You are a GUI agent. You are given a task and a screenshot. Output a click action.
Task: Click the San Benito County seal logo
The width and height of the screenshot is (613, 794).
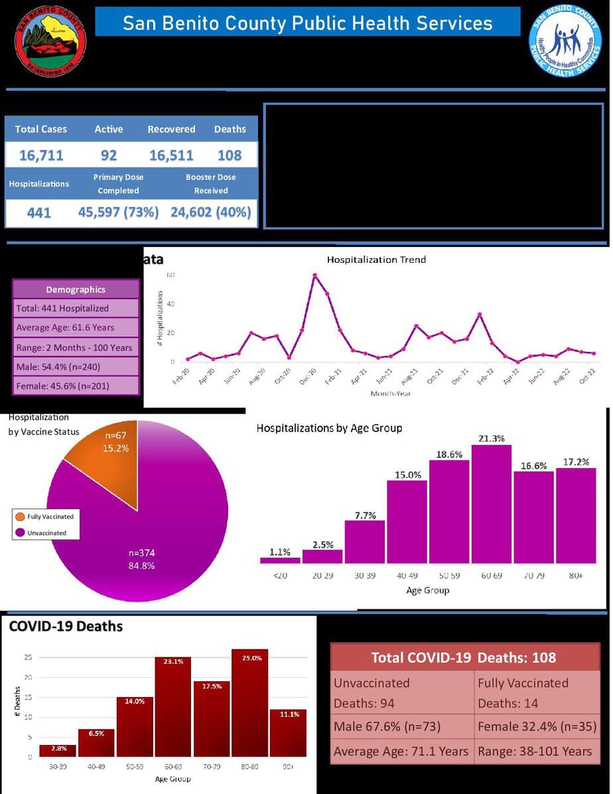click(x=50, y=42)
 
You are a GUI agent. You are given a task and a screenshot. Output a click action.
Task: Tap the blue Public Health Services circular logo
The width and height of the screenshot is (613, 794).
click(x=565, y=41)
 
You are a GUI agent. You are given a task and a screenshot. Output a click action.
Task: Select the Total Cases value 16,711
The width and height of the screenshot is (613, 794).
click(x=41, y=155)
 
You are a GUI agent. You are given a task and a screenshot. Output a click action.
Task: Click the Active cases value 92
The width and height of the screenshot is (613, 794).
click(x=109, y=155)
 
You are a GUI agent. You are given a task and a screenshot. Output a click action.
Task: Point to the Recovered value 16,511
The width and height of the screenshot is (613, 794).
click(x=171, y=155)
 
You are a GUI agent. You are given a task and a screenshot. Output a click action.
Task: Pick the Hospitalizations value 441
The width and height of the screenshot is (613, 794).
click(x=38, y=212)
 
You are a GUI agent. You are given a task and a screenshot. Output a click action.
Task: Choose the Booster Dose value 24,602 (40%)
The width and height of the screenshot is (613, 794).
click(x=211, y=212)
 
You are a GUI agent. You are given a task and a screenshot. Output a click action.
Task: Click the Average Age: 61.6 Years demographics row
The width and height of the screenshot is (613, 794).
click(x=76, y=327)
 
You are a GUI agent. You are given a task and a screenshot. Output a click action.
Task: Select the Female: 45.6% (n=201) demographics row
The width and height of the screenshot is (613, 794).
click(x=76, y=386)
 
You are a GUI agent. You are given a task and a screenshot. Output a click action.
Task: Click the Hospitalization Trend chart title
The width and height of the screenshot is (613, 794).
click(x=376, y=260)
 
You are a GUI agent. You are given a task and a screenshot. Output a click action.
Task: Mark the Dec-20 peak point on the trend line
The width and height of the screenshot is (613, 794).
click(x=314, y=275)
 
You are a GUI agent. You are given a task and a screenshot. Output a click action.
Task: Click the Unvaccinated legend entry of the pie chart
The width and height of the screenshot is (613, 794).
click(x=46, y=533)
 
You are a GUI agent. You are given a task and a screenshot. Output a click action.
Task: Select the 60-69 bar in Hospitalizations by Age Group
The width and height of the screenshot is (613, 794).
click(x=491, y=505)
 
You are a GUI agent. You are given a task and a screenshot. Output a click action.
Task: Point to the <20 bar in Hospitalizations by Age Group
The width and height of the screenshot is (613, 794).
click(x=280, y=560)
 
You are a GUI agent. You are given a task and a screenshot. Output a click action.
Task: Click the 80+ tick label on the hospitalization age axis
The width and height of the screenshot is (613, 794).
click(x=575, y=576)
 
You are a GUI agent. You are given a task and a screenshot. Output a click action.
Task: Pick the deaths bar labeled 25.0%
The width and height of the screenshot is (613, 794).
click(x=249, y=703)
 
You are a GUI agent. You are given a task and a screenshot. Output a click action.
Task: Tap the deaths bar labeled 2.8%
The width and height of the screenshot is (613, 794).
click(x=58, y=750)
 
